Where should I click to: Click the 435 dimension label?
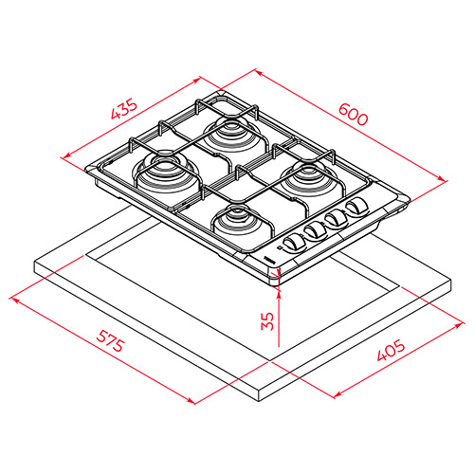click(x=124, y=109)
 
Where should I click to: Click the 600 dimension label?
click(x=354, y=114)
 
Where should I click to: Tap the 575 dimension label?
click(x=110, y=340)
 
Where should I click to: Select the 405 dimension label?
click(x=391, y=350)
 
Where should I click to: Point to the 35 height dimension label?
click(x=267, y=321)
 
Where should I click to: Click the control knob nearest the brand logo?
click(x=294, y=244)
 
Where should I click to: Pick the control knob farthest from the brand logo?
click(x=357, y=207)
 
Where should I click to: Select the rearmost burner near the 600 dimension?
click(x=234, y=135)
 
